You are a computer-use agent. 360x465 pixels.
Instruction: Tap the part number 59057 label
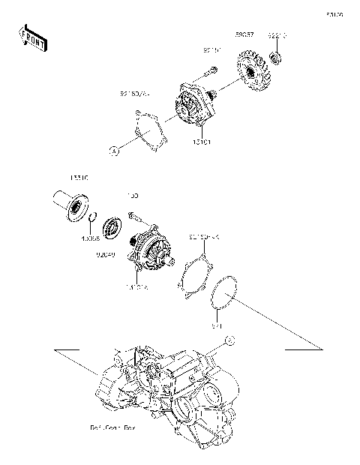click(244, 34)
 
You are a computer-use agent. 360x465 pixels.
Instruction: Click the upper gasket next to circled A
click(148, 132)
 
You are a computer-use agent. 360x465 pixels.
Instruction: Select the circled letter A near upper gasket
click(115, 151)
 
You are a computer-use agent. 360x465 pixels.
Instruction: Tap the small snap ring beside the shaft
click(91, 218)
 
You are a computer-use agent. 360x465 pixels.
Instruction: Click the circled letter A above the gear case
click(230, 341)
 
